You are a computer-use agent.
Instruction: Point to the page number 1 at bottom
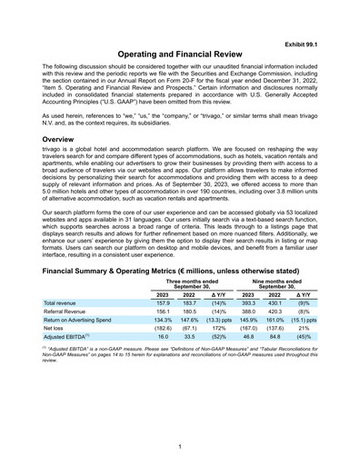point(180,446)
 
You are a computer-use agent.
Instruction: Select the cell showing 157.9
point(164,302)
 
